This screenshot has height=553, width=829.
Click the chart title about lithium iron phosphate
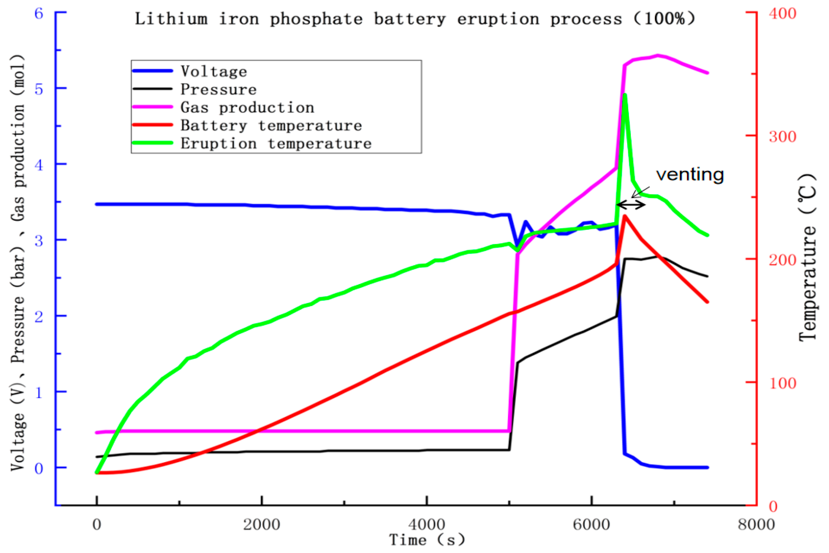[415, 19]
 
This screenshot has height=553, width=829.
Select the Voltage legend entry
[214, 71]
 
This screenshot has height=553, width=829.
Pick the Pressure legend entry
[218, 89]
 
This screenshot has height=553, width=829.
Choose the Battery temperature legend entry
[271, 125]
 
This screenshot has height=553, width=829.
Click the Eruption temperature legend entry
[276, 143]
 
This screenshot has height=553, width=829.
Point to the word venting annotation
[690, 174]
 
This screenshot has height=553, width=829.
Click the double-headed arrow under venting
[631, 205]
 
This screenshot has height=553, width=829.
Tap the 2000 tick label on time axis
[261, 525]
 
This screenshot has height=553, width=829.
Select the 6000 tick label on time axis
[591, 525]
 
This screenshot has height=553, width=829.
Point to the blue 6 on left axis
[39, 14]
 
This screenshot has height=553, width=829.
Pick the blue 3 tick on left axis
[39, 241]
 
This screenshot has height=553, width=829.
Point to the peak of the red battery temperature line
[624, 216]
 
